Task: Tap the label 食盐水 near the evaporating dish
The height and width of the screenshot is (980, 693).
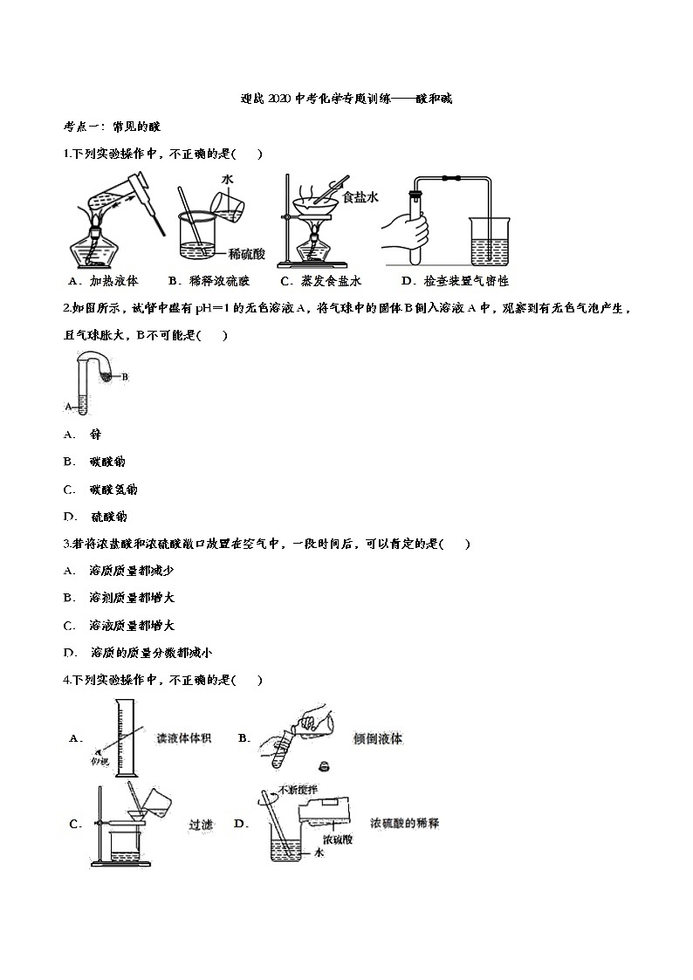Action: coord(360,198)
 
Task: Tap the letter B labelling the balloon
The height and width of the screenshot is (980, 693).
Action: coord(125,377)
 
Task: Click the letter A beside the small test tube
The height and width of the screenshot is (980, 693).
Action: coord(68,406)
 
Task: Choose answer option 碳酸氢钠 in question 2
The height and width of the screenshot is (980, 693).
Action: coord(113,489)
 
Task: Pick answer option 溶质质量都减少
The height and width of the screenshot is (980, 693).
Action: coord(132,571)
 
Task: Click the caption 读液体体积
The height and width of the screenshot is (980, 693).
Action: coord(185,738)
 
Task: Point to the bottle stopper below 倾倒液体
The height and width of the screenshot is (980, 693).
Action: coord(323,767)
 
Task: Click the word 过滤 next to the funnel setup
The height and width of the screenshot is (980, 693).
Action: coord(202,824)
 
